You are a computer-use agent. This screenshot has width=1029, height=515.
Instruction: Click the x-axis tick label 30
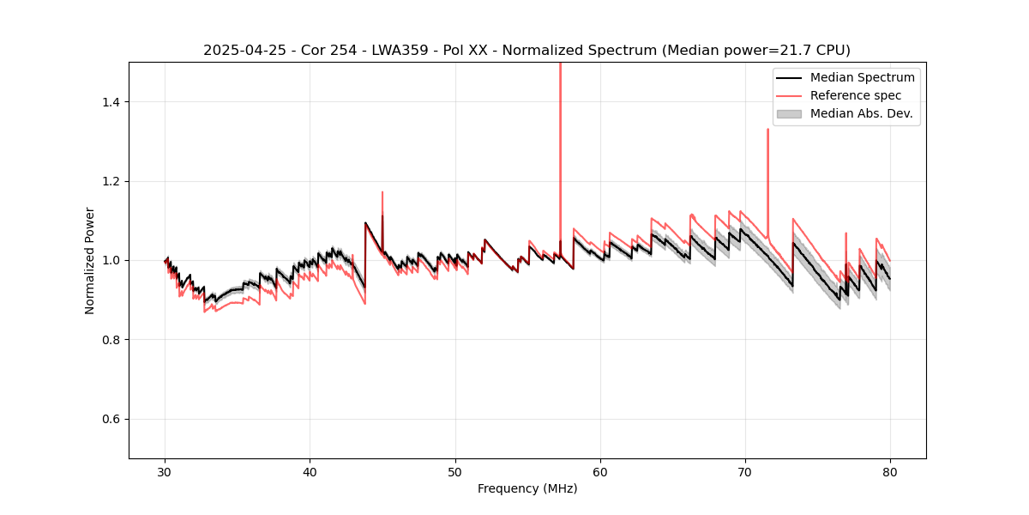(x=165, y=471)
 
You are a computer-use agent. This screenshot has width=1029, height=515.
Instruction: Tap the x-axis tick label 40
(x=310, y=471)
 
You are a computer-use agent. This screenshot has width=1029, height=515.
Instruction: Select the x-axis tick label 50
(x=455, y=471)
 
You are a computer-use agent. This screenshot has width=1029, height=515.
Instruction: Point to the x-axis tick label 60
(x=600, y=471)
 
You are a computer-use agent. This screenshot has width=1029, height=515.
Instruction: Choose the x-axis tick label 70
(x=745, y=471)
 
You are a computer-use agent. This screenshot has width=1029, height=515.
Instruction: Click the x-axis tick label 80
(x=890, y=471)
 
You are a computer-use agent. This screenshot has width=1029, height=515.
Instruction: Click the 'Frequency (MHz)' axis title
(x=527, y=488)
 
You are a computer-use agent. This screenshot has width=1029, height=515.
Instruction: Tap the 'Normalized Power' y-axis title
(x=90, y=260)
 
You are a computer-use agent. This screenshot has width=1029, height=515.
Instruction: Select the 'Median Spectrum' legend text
(x=862, y=77)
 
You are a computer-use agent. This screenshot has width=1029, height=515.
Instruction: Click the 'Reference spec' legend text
(x=858, y=95)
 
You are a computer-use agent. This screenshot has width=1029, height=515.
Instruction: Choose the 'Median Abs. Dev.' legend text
(x=861, y=113)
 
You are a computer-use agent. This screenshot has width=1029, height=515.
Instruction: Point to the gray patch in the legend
(x=789, y=113)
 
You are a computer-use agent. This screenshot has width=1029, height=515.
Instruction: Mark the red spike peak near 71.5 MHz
(x=767, y=130)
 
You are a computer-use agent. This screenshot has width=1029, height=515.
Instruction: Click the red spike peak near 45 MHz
(x=382, y=192)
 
